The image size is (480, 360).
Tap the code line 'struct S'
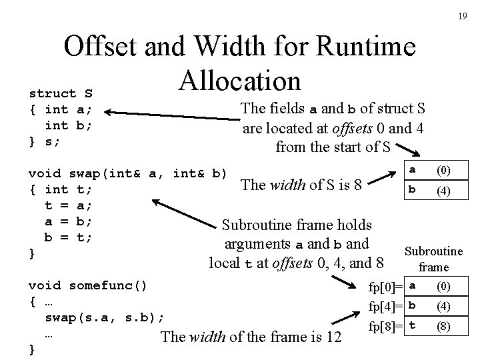point(60,93)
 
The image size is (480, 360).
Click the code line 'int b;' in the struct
point(68,125)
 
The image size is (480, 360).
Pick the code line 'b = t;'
point(68,237)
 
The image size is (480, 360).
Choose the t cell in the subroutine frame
point(413,326)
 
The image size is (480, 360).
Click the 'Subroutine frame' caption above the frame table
point(433,259)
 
